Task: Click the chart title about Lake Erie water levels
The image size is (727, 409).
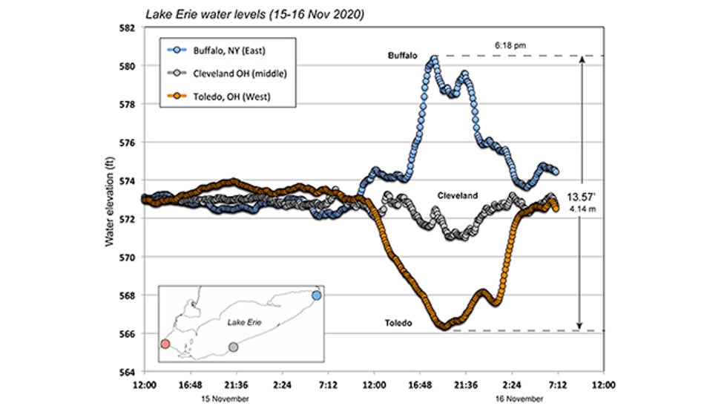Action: (244, 13)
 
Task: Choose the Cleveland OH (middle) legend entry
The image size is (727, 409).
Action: (230, 74)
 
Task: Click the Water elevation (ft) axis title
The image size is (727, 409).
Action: (110, 200)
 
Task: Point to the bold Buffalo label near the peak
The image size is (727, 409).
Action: (402, 56)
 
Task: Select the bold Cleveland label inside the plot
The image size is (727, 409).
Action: (456, 196)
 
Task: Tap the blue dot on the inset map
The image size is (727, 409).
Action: (317, 295)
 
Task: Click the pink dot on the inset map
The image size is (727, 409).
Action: (165, 344)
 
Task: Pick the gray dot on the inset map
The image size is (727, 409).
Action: (234, 347)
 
